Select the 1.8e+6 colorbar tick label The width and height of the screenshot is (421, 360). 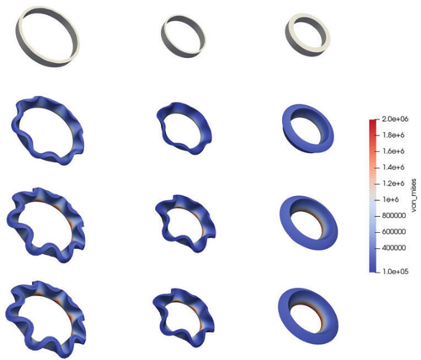[x=394, y=135]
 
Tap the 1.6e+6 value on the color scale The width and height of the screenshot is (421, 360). [x=394, y=151]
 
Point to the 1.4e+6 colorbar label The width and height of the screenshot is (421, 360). [x=394, y=167]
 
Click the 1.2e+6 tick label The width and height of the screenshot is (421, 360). [x=394, y=183]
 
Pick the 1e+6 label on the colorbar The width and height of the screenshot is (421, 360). [x=391, y=200]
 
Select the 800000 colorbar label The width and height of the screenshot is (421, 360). [x=394, y=216]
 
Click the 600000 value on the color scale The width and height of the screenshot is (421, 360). [x=394, y=232]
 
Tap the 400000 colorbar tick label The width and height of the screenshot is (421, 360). [x=394, y=248]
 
